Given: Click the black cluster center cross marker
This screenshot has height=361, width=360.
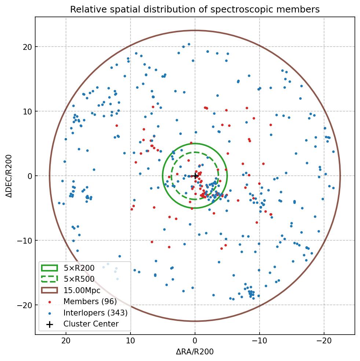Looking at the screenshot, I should [195, 176].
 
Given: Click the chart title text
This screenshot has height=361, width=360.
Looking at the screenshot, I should [195, 9].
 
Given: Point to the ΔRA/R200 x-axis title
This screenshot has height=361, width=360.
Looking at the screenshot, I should [195, 352].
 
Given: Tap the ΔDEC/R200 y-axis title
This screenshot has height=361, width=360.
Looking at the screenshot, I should [10, 176].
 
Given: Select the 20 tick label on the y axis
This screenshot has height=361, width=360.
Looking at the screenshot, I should [28, 47].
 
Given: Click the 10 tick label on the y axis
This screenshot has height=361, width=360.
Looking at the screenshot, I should [28, 112].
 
